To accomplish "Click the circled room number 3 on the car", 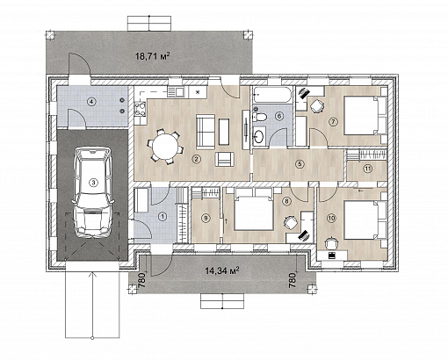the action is pyautogui.click(x=93, y=183).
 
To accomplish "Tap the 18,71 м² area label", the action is pyautogui.click(x=153, y=55).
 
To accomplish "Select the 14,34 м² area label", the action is pyautogui.click(x=222, y=270).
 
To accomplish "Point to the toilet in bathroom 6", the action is pyautogui.click(x=259, y=117).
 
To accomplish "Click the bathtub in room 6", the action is pyautogui.click(x=272, y=94).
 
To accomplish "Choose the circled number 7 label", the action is pyautogui.click(x=333, y=122).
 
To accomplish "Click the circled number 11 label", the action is pyautogui.click(x=367, y=169).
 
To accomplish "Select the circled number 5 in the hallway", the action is pyautogui.click(x=300, y=164).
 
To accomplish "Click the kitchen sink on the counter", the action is pyautogui.click(x=176, y=91).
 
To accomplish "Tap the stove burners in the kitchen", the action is pyautogui.click(x=140, y=109).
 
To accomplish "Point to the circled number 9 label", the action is pyautogui.click(x=206, y=218).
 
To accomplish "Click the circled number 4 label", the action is pyautogui.click(x=92, y=102).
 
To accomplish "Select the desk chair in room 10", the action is pyautogui.click(x=332, y=242).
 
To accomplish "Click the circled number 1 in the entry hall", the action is pyautogui.click(x=163, y=217).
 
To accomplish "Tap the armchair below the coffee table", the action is pyautogui.click(x=225, y=160).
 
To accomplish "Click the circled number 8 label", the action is pyautogui.click(x=287, y=201).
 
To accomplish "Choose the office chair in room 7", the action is pyautogui.click(x=317, y=106).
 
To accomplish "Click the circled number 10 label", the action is pyautogui.click(x=331, y=218).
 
